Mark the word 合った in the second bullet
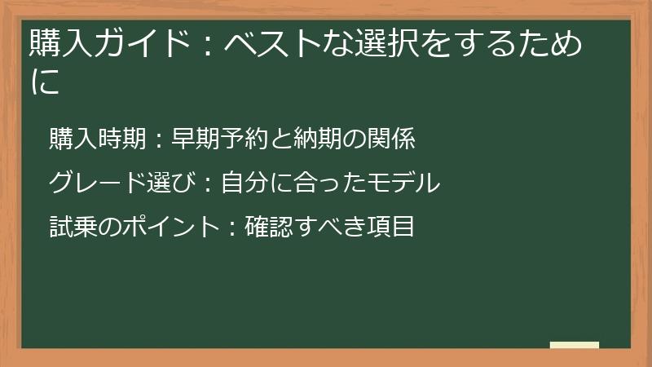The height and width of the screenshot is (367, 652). (x=329, y=183)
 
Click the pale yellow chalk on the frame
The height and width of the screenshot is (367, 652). (x=575, y=345)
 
